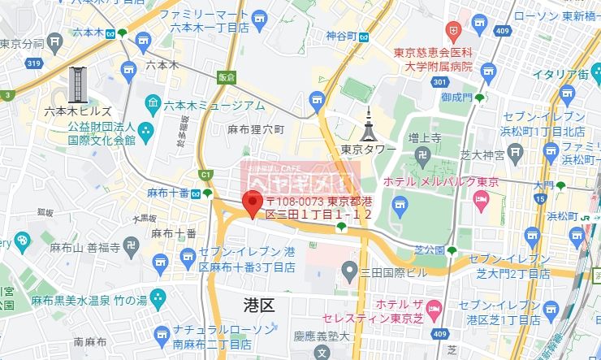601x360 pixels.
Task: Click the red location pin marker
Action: pos(253,201)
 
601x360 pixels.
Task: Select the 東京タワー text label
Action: pos(368,150)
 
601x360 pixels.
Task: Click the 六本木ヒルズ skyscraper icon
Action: pos(79,85)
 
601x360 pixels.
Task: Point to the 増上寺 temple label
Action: pos(424,139)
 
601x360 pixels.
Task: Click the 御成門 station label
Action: pos(456,97)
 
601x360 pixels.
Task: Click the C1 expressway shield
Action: pos(205,174)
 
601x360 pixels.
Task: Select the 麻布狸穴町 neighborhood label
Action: pos(256,129)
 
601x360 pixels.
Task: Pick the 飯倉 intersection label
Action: pos(226,77)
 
